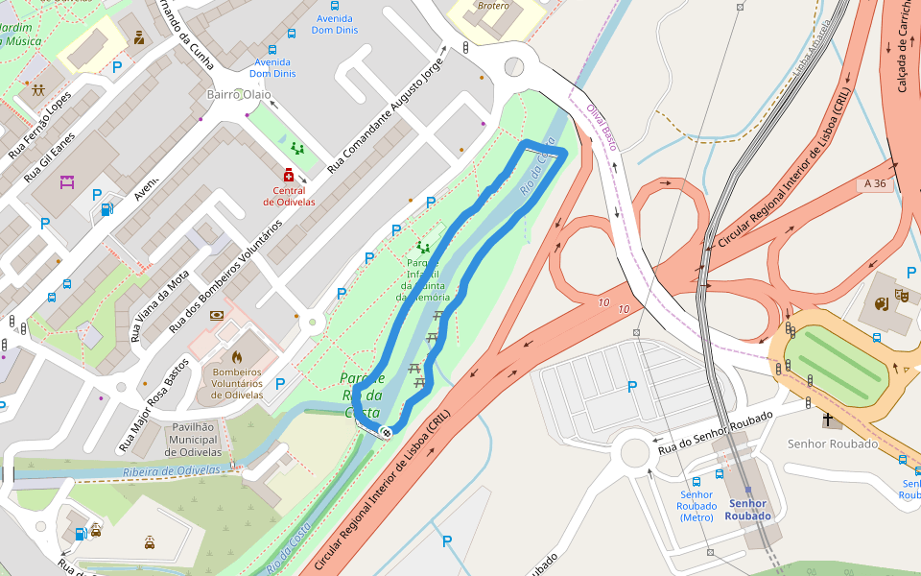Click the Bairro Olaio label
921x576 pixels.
[238, 94]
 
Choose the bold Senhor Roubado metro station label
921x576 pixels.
[747, 509]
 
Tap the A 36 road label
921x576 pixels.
[874, 182]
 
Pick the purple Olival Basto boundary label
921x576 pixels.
[601, 127]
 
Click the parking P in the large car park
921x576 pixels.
[631, 387]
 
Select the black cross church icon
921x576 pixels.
[828, 420]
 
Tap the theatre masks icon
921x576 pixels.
[900, 295]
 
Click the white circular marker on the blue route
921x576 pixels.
[386, 432]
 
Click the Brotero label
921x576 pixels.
[493, 7]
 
